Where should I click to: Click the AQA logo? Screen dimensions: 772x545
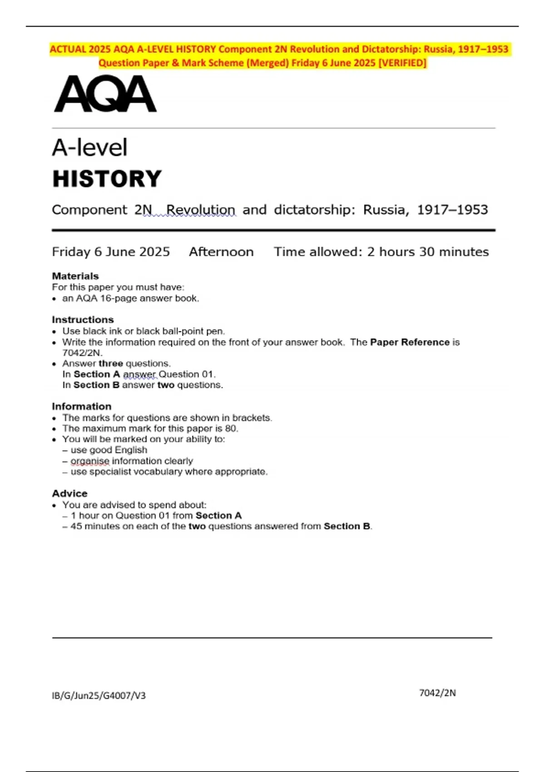(x=105, y=94)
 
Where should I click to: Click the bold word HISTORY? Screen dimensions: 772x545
(x=107, y=179)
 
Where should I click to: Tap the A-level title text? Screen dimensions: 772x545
(x=90, y=148)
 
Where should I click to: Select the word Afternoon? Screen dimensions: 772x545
(x=221, y=252)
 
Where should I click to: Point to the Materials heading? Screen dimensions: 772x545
(x=75, y=276)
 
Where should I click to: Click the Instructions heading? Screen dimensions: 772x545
(x=83, y=320)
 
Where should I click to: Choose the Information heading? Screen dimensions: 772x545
(x=82, y=406)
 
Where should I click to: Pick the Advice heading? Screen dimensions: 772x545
(x=69, y=493)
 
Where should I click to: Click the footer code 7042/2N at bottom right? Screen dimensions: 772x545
(x=437, y=693)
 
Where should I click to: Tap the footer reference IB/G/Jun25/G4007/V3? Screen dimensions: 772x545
(x=99, y=695)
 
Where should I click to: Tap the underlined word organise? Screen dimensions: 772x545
(x=90, y=461)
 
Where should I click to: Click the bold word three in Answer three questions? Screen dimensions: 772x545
(x=111, y=363)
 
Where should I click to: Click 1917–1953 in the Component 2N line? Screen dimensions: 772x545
(x=452, y=210)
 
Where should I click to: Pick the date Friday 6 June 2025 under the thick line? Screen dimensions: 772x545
(x=111, y=252)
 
